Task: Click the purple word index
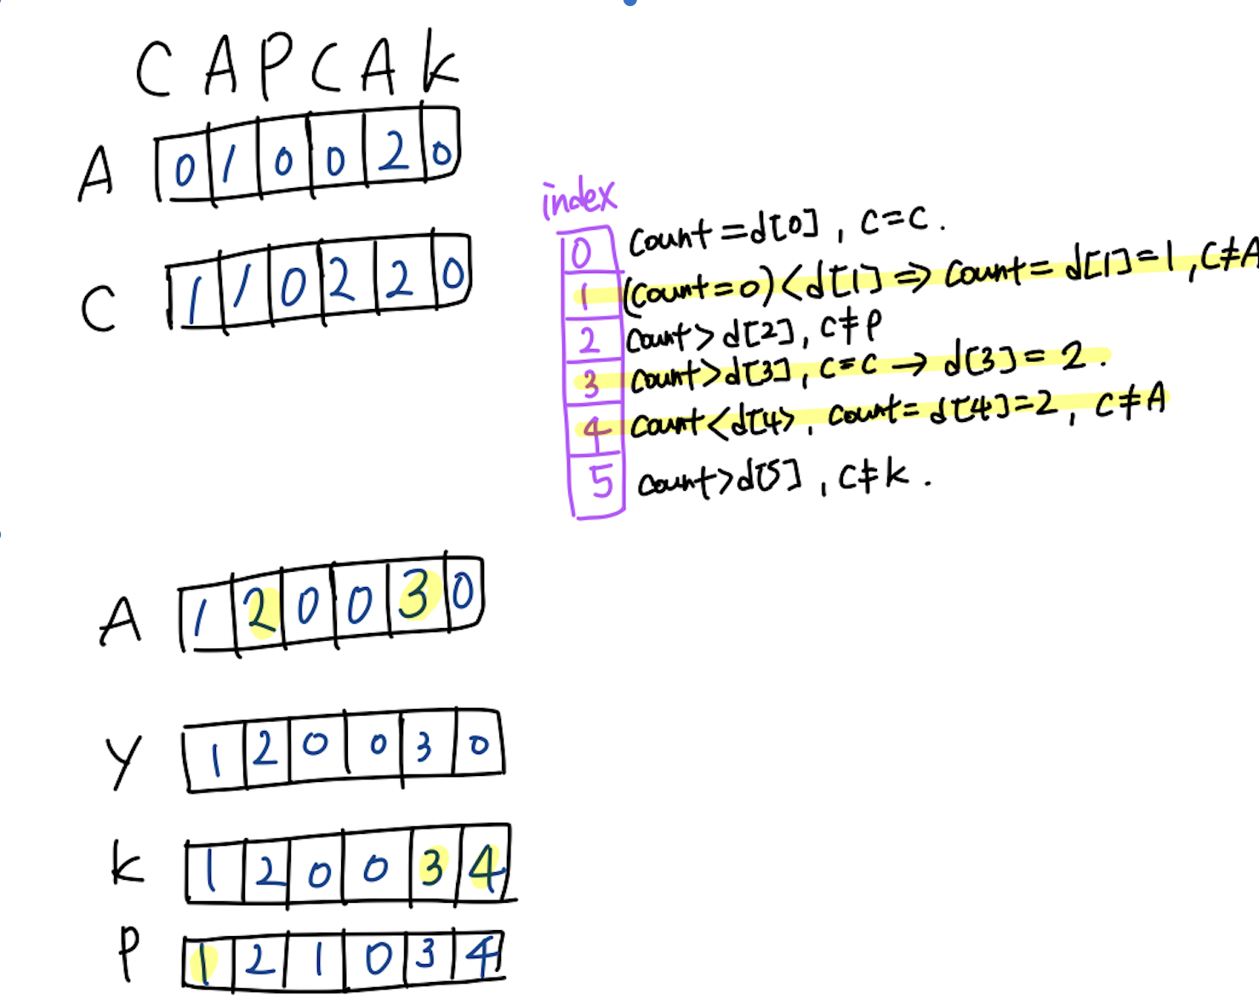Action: (578, 199)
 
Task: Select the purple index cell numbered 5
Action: (601, 482)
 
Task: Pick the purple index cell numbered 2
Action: (589, 340)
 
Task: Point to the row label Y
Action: (123, 760)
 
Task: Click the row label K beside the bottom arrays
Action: (127, 865)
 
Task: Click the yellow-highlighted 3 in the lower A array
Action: (416, 595)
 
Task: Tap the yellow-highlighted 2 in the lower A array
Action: (259, 610)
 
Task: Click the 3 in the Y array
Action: (424, 746)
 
